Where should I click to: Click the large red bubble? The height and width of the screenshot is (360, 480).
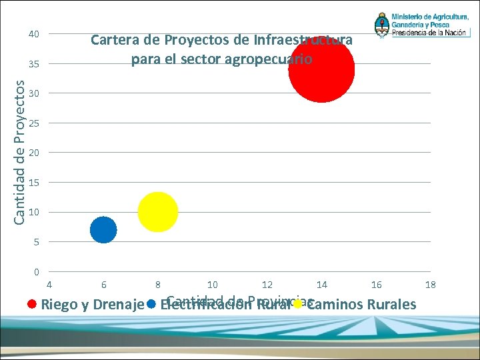point(321,69)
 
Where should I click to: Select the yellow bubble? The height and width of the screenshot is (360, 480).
point(158,212)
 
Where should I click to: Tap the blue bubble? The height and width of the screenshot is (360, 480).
point(103,230)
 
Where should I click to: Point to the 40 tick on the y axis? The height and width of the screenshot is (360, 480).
point(33,34)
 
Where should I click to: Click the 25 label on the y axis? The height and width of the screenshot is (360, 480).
point(33,123)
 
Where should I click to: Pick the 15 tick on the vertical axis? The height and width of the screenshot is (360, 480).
point(33,183)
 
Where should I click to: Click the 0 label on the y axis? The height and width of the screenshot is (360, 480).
point(36,271)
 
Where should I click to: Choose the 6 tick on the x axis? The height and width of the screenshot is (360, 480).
point(103,285)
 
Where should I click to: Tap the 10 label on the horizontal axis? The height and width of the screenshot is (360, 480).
point(213,285)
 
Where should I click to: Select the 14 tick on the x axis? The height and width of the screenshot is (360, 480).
point(321,285)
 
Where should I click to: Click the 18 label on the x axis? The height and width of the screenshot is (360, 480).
point(431,285)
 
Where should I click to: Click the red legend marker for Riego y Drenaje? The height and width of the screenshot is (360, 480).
point(31,305)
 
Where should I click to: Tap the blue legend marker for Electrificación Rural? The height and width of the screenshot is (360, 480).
point(151,305)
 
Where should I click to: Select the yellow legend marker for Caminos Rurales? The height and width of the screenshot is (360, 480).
point(297,305)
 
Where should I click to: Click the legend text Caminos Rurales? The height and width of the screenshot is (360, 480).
point(361,305)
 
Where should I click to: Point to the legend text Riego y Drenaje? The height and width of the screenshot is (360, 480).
point(93,305)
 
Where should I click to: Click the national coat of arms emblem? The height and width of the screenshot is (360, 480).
point(382,25)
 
